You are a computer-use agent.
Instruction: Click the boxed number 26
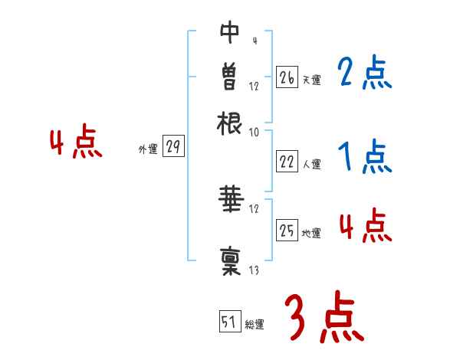pos(287,77)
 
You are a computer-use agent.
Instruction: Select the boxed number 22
pos(287,162)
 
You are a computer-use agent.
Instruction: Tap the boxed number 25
pos(287,230)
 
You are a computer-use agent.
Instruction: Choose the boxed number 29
pos(174,147)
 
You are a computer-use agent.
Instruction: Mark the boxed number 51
pos(229,322)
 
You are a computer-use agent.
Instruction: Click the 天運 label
pos(311,80)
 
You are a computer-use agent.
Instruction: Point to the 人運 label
pos(311,164)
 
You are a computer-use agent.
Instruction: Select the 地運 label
pos(311,233)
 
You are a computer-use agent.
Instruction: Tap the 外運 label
pos(148,150)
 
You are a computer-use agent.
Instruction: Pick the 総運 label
pos(255,325)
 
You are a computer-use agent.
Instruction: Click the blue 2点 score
pos(364,74)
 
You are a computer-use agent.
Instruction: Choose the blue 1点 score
pos(364,159)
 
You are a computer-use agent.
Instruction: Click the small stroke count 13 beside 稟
pos(254,270)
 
